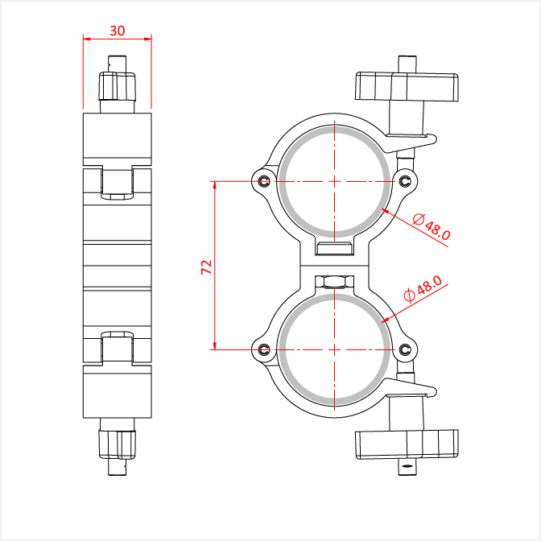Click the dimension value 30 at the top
[117, 31]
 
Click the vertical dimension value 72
[206, 267]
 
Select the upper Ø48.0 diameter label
[432, 227]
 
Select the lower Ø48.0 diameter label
[423, 289]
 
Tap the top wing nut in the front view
[407, 87]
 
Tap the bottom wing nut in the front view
[407, 444]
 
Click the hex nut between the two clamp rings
[334, 283]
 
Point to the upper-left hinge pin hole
[265, 181]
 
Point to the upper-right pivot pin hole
[405, 181]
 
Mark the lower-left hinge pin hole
[265, 349]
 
